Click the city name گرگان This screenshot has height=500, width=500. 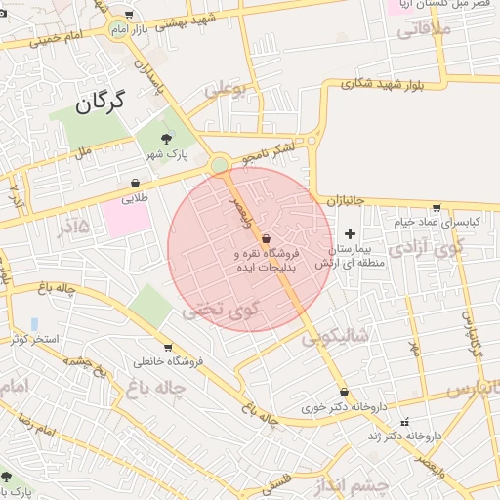coord(102,101)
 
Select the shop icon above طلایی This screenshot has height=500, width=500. coord(135,183)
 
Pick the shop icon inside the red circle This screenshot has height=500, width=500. coord(266,238)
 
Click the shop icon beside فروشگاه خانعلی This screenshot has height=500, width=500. coord(168,347)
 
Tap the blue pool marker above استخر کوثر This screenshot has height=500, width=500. coord(34,323)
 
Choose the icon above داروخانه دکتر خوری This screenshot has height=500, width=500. coord(344,393)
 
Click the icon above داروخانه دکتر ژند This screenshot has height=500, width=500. coord(405,422)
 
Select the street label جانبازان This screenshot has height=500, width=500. coord(344,200)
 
